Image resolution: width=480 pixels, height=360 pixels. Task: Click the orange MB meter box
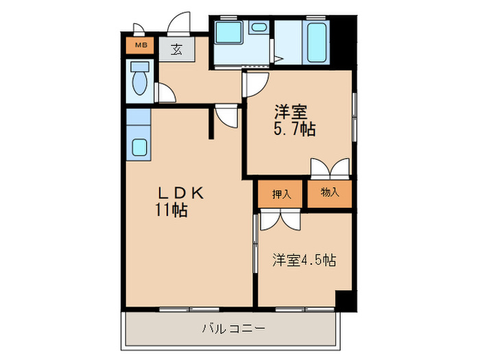(140, 45)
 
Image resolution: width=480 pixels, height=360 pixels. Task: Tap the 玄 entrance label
(176, 49)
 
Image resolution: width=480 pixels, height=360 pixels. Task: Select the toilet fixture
(140, 78)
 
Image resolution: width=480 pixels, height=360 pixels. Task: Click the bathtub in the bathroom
(317, 42)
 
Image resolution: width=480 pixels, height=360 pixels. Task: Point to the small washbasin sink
(259, 27)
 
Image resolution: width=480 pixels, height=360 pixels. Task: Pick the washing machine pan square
(228, 32)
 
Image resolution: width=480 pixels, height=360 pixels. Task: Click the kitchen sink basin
(140, 147)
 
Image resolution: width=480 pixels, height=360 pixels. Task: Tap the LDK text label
(180, 193)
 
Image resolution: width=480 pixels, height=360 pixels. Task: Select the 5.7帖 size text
(294, 129)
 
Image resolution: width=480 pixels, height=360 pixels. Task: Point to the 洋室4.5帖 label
(304, 261)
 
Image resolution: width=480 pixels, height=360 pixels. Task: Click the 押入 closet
(280, 194)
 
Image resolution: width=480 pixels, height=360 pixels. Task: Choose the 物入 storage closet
(330, 193)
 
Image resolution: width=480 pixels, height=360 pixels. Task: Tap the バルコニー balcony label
(233, 328)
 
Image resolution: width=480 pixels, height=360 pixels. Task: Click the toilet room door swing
(165, 93)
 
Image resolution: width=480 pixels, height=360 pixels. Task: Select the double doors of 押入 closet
(280, 219)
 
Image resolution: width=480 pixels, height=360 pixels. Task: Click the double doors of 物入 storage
(330, 169)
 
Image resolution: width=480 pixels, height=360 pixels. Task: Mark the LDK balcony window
(189, 309)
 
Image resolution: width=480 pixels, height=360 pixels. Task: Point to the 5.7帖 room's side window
(355, 117)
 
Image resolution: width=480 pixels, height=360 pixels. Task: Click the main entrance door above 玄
(179, 23)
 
